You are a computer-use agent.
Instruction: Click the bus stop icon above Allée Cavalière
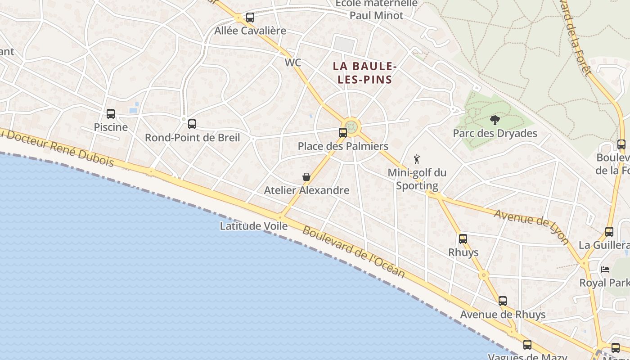click(x=250, y=18)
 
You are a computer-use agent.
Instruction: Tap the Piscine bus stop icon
click(x=111, y=114)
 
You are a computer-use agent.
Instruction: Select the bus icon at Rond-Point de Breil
click(x=192, y=124)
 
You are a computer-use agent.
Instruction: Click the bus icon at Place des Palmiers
click(x=343, y=133)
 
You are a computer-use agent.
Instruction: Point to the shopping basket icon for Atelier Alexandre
click(x=306, y=177)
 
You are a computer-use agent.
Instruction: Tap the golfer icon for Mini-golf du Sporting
click(x=417, y=159)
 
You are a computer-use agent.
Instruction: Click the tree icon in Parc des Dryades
click(x=495, y=120)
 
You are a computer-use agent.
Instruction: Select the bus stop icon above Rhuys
click(x=463, y=239)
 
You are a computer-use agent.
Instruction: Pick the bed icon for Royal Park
click(x=605, y=270)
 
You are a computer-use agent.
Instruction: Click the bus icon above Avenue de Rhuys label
click(x=503, y=301)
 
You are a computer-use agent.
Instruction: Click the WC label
click(x=292, y=63)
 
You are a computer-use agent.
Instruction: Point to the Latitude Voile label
click(x=253, y=226)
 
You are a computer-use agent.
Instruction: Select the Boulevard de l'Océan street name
click(x=353, y=252)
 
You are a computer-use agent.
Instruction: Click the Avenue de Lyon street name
click(x=531, y=227)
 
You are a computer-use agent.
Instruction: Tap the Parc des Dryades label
click(x=495, y=133)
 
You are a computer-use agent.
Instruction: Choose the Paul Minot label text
click(x=377, y=15)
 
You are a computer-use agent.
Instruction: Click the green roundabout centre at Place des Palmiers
click(x=351, y=126)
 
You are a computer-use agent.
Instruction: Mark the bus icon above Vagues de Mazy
click(x=527, y=345)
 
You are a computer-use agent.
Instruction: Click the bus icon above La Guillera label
click(x=609, y=232)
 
